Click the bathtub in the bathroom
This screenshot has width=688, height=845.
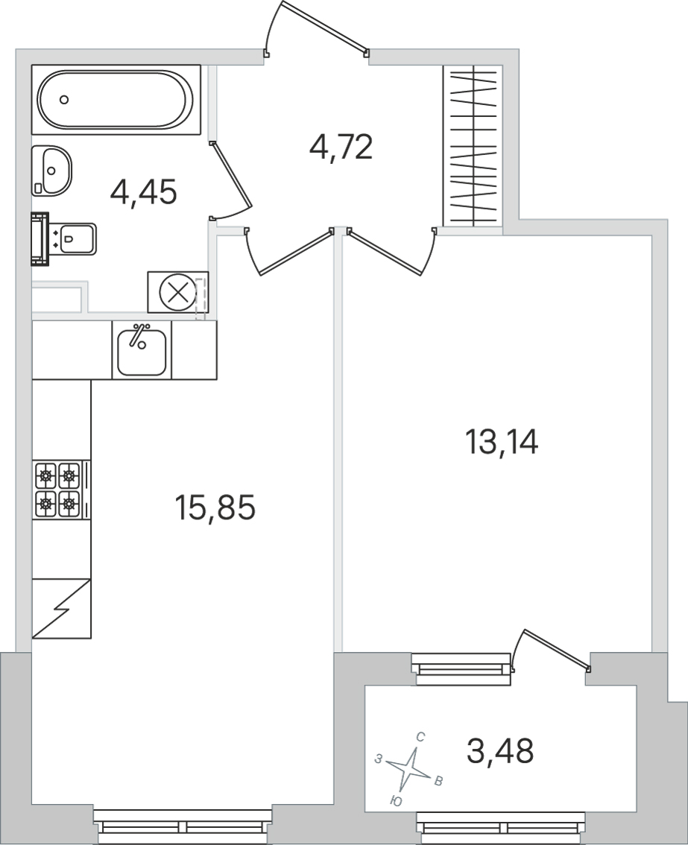(x=116, y=99)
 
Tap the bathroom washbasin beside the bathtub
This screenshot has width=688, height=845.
(x=51, y=171)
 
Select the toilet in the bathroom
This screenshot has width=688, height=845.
(x=63, y=239)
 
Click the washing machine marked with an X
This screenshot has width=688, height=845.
(x=178, y=292)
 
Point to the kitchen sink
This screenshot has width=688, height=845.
(x=142, y=350)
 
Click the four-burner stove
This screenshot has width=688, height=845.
(x=61, y=490)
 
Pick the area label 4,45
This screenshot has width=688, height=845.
(x=143, y=192)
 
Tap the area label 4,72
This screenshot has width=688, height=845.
(x=341, y=147)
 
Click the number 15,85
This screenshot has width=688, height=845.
(x=215, y=507)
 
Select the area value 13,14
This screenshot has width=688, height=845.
(x=502, y=442)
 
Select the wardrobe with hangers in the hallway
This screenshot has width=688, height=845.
(x=473, y=145)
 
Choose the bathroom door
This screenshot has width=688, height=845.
(x=231, y=180)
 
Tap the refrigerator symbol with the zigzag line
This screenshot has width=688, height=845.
(x=61, y=609)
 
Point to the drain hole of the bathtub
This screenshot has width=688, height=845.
(x=64, y=99)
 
